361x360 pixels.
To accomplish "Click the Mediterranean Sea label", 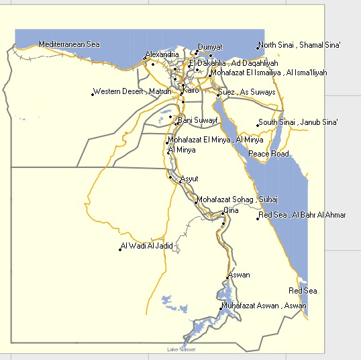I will tap(69, 44).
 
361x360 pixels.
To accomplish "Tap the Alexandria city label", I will tap(162, 54).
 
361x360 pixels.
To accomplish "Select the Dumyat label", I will tap(209, 47).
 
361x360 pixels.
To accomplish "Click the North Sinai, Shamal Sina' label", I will tap(301, 45).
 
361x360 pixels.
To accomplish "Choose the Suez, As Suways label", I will tap(247, 92).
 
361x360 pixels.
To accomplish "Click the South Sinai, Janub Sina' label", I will tap(299, 122).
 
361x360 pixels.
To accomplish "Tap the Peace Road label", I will tap(268, 154).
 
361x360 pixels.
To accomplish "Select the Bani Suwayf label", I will tap(197, 120).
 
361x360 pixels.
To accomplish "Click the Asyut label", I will tap(190, 179).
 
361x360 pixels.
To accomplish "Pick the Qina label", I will tap(231, 210).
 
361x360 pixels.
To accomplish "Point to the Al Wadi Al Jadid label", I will tap(147, 246).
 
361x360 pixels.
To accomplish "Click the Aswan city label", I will tap(239, 275).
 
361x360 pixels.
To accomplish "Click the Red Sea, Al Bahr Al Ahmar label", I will tap(303, 215).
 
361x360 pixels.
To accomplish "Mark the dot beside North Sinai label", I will tap(258, 47).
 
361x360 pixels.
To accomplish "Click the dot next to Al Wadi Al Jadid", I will tap(120, 250).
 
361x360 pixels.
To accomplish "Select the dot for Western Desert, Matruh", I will tap(93, 93).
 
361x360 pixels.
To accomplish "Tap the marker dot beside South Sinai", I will tap(258, 124).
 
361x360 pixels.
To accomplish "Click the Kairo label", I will tap(191, 89).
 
